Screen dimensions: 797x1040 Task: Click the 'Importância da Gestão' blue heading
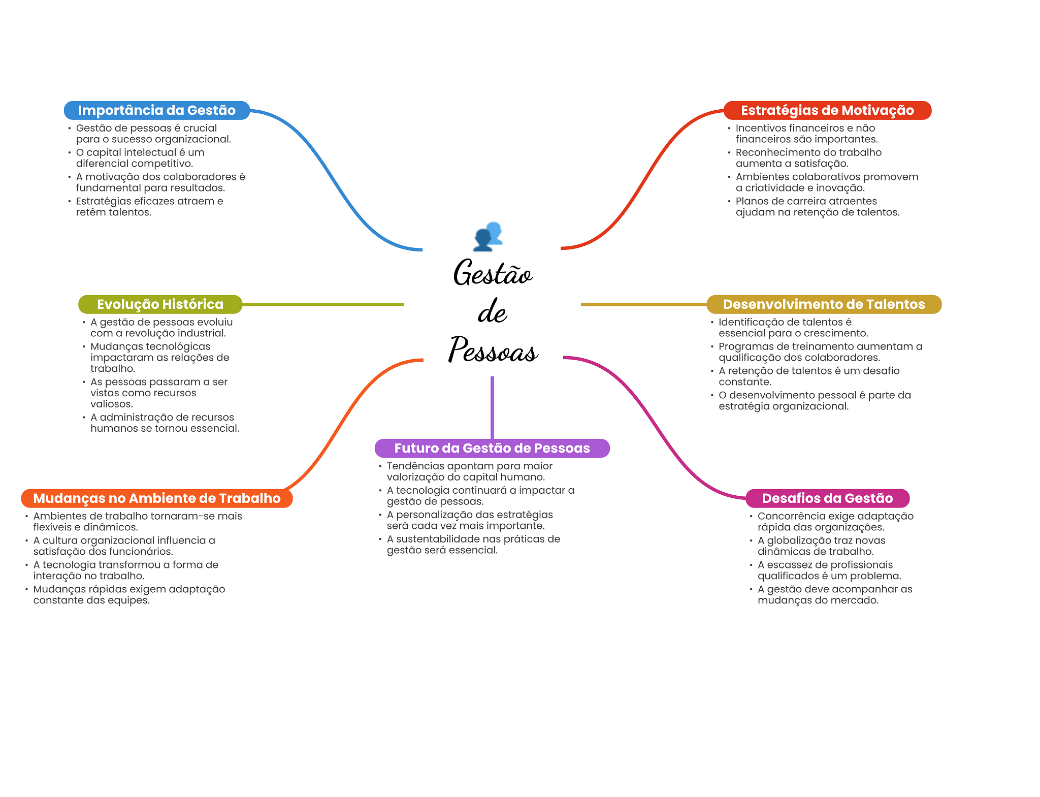tap(156, 110)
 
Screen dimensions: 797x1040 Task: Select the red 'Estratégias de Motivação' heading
tap(827, 110)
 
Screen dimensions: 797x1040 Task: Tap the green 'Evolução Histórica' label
tap(160, 304)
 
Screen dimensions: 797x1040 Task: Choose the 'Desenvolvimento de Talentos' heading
tap(824, 304)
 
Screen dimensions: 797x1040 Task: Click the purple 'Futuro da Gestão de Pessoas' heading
tap(492, 448)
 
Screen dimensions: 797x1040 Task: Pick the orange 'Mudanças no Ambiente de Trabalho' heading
tap(156, 498)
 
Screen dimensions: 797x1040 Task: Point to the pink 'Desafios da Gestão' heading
tap(827, 498)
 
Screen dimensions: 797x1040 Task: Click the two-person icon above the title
tap(488, 236)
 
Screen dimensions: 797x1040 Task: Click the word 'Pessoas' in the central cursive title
tap(493, 350)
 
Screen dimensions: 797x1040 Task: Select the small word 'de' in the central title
tap(492, 312)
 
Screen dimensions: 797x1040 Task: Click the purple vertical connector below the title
tap(492, 406)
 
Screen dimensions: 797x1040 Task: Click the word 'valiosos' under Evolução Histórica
tap(111, 404)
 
